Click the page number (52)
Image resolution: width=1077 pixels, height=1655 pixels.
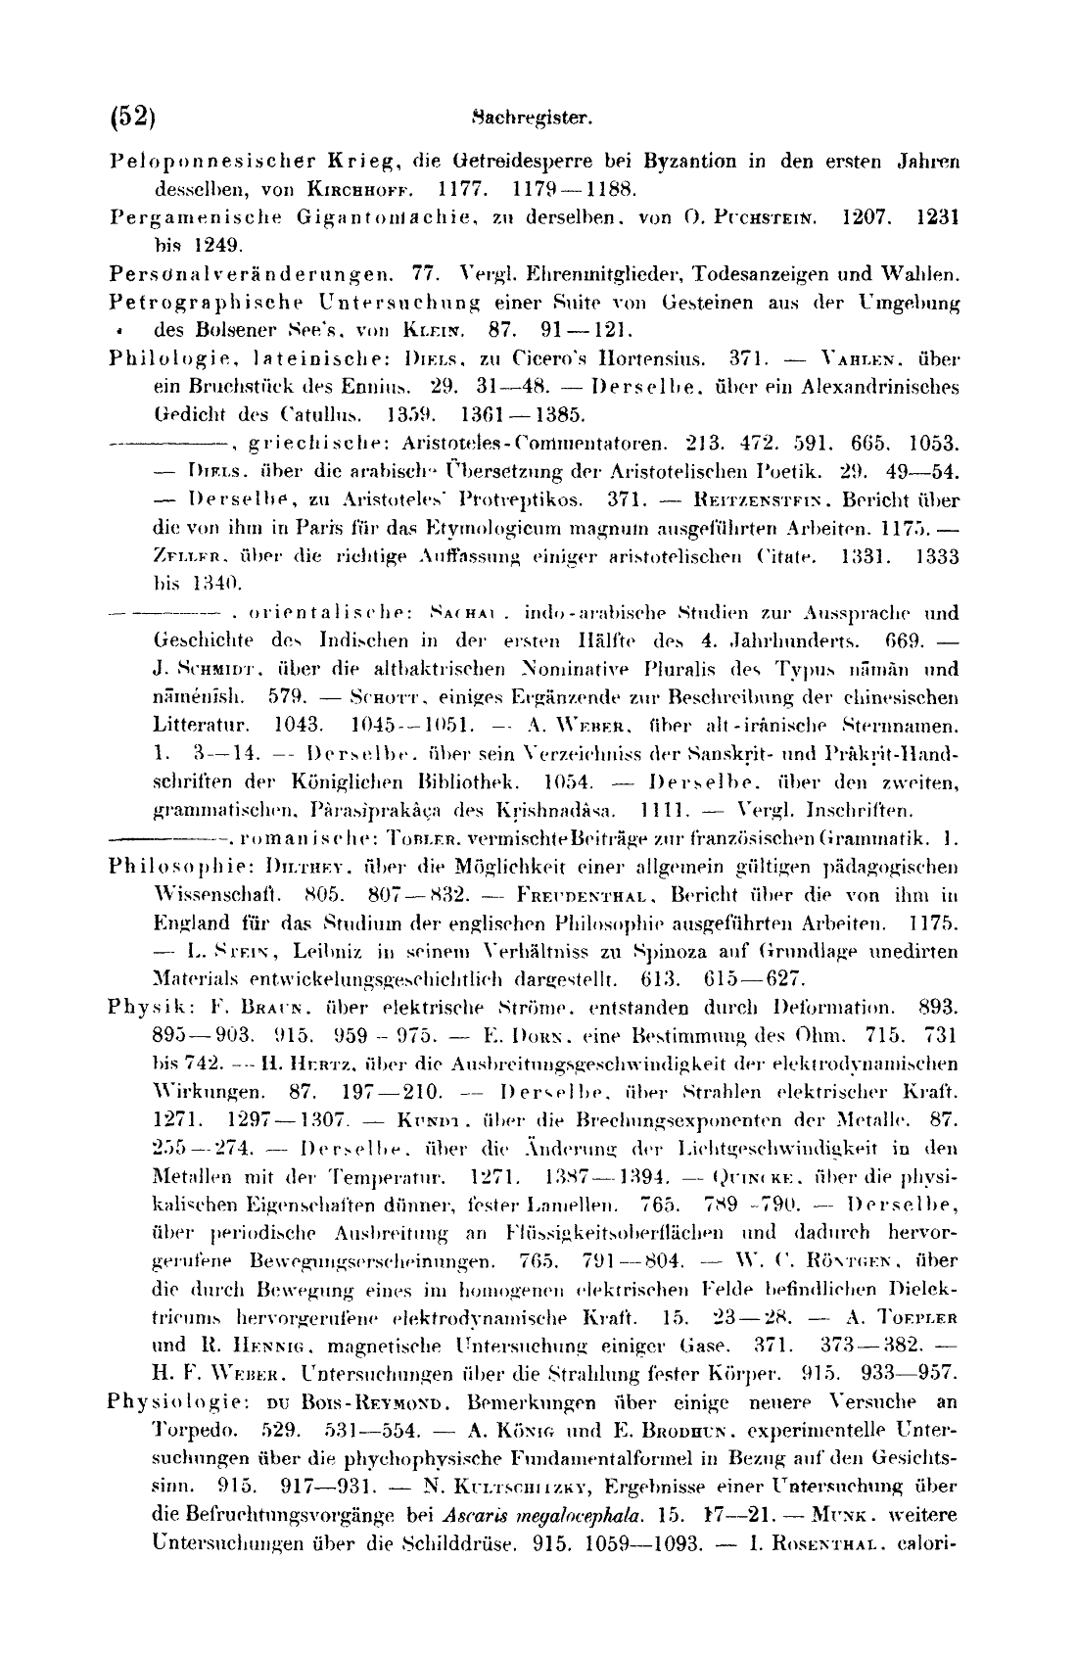[x=133, y=117]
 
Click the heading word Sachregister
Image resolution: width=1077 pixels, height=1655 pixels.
[x=529, y=119]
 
